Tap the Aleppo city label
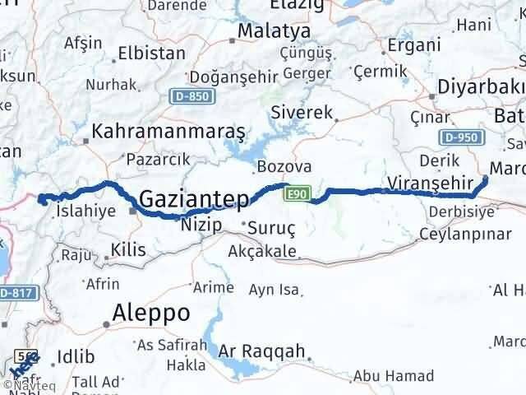coord(152,313)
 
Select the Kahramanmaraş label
coord(168,131)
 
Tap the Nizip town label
coord(201,224)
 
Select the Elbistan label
coord(152,53)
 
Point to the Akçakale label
coord(262,249)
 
